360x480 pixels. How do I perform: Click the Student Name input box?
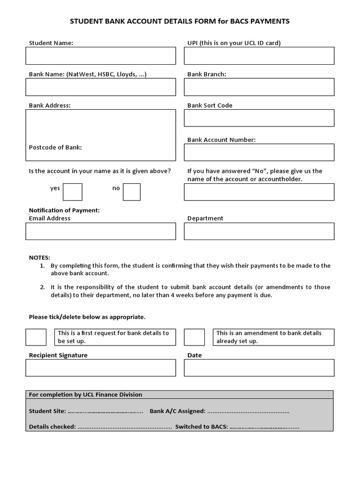[101, 56]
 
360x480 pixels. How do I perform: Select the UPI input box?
[259, 56]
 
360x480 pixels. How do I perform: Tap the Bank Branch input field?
[259, 87]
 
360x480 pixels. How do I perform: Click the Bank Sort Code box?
[259, 118]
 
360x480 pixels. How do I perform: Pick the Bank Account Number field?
[259, 152]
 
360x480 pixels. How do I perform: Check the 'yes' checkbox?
[73, 192]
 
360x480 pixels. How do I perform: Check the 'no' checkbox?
[132, 192]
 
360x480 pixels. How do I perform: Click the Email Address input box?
[101, 231]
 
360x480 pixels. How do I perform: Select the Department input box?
[259, 231]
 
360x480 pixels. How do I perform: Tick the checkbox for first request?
[36, 337]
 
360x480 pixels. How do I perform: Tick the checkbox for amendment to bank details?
[194, 337]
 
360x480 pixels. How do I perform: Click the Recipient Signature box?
[101, 368]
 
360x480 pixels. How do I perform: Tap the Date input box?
[259, 368]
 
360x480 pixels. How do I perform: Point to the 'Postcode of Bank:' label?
[55, 147]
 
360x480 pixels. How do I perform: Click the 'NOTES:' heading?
[39, 257]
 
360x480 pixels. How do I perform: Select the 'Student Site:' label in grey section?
[47, 411]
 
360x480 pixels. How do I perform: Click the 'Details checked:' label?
[52, 427]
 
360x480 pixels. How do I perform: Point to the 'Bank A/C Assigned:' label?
[177, 411]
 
